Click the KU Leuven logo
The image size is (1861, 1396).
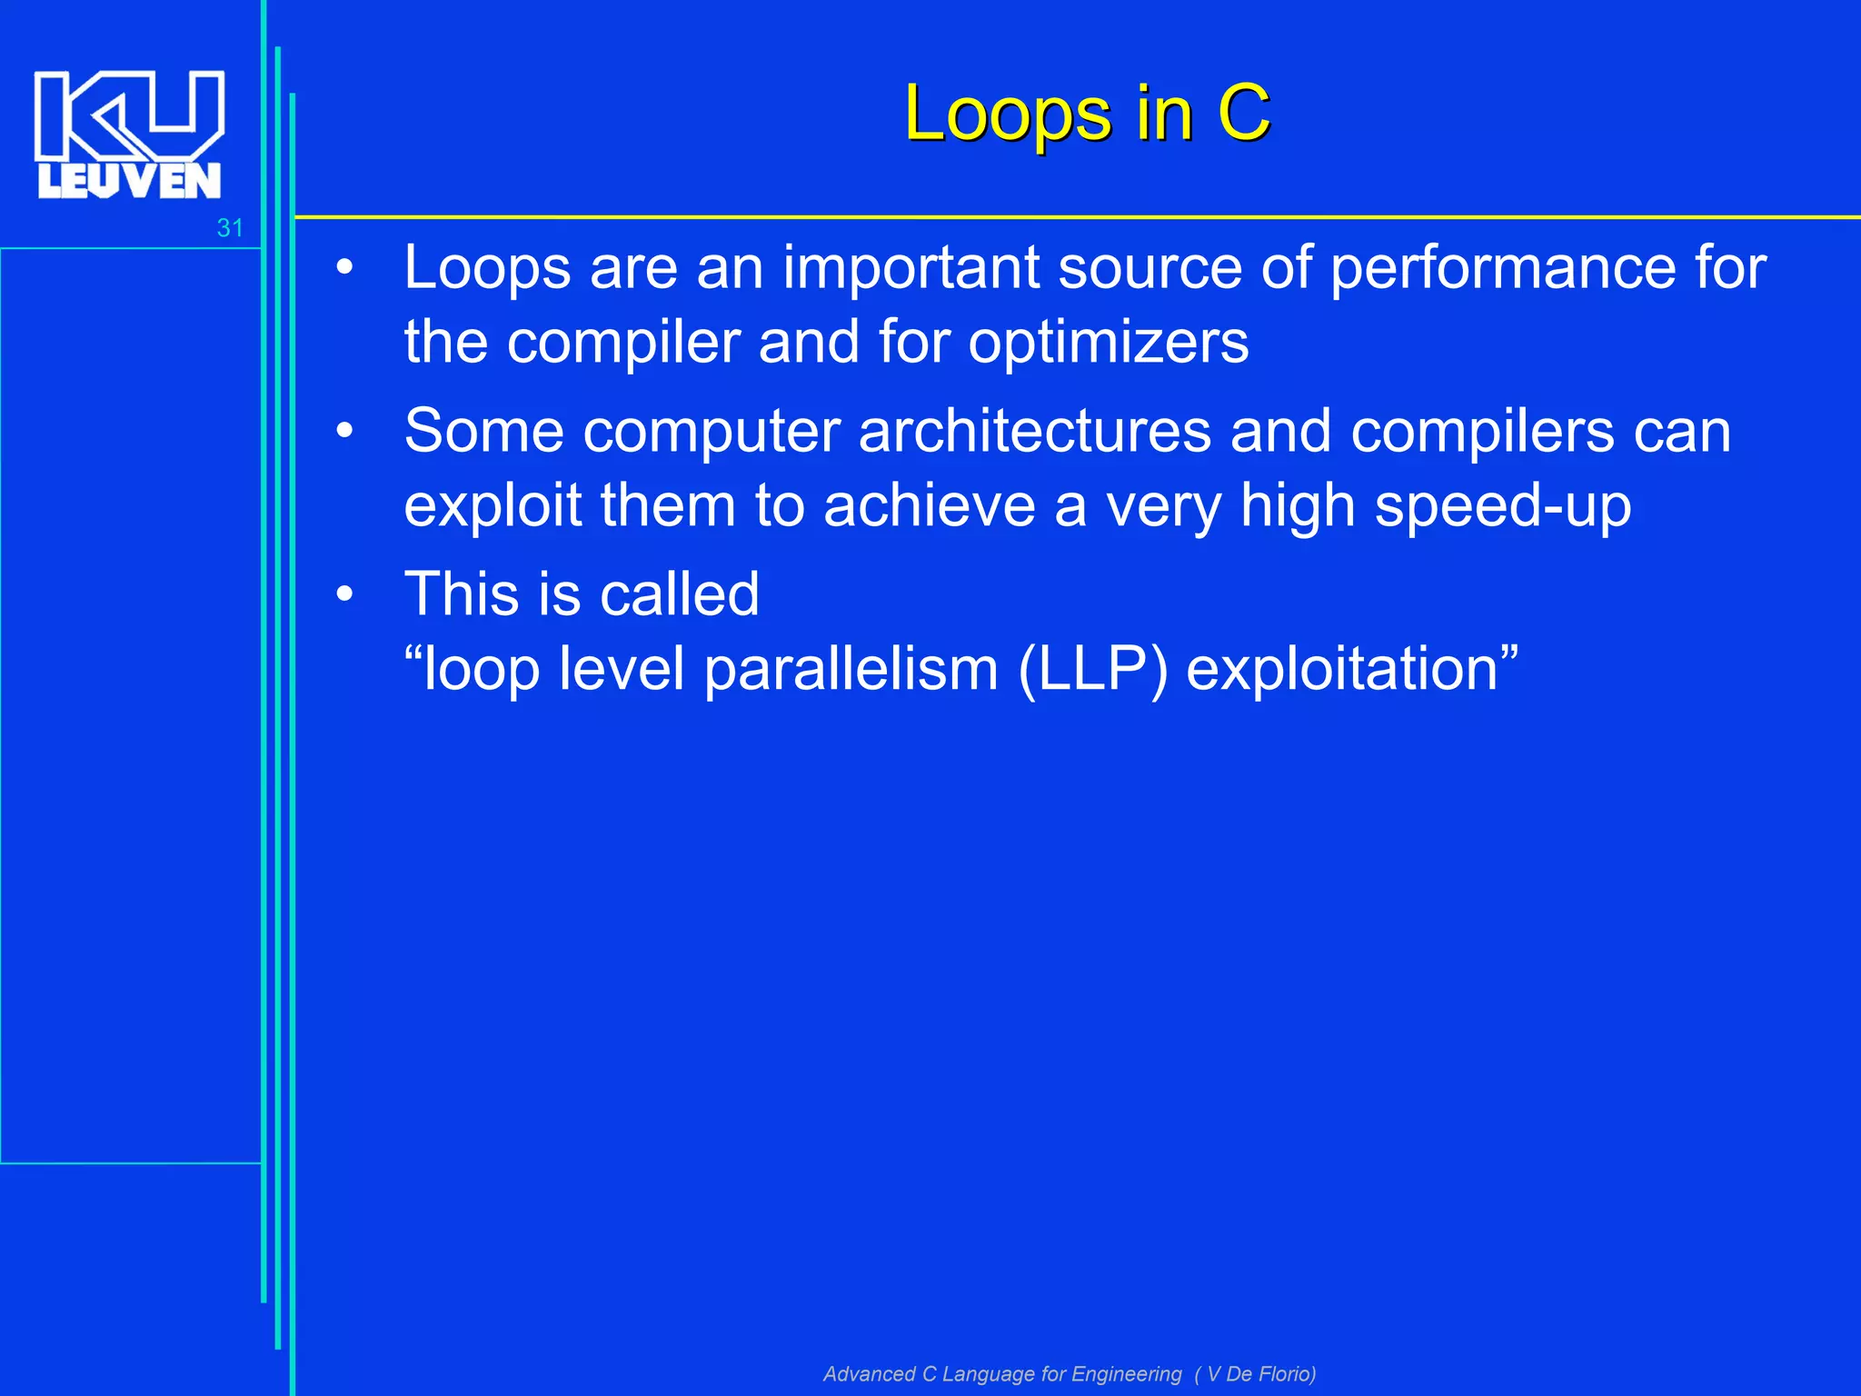point(128,135)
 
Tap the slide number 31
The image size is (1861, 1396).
point(230,228)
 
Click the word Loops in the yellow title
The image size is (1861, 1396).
point(1007,115)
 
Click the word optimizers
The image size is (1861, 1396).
point(1108,343)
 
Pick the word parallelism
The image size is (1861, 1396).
point(851,670)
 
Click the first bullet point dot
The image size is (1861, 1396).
point(344,269)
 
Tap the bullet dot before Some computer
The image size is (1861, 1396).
point(344,432)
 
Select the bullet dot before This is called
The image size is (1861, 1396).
point(344,595)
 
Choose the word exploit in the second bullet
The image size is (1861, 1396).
point(492,506)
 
